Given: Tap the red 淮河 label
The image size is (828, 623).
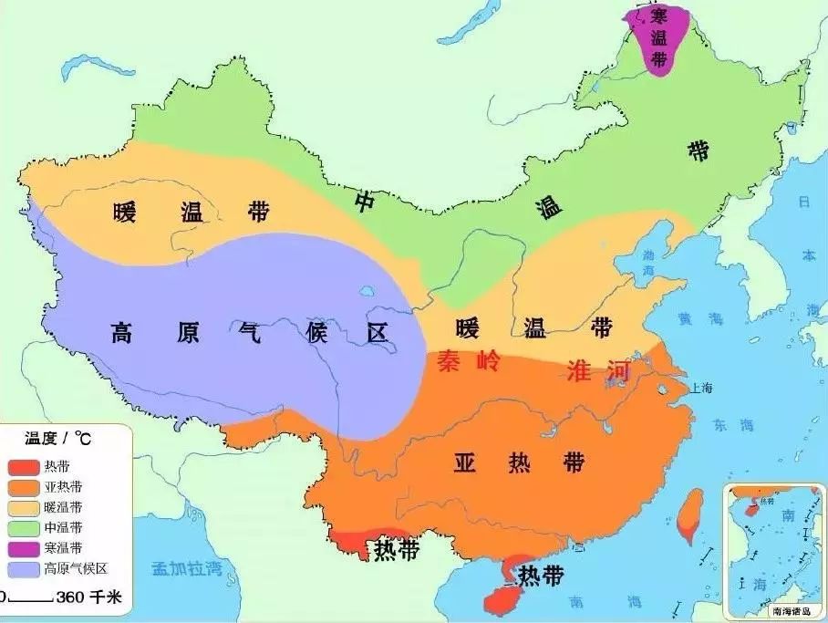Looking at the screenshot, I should [x=598, y=372].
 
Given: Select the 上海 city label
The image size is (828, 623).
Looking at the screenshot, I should [x=703, y=388].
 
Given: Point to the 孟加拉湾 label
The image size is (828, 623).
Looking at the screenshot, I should [x=187, y=568].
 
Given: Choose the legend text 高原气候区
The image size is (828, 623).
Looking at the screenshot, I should [x=77, y=569].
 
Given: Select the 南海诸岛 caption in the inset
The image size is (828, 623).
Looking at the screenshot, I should [x=789, y=611].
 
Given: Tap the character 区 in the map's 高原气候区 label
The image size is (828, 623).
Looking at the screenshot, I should [x=377, y=332].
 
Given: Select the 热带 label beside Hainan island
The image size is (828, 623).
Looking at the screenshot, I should [x=540, y=576].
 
